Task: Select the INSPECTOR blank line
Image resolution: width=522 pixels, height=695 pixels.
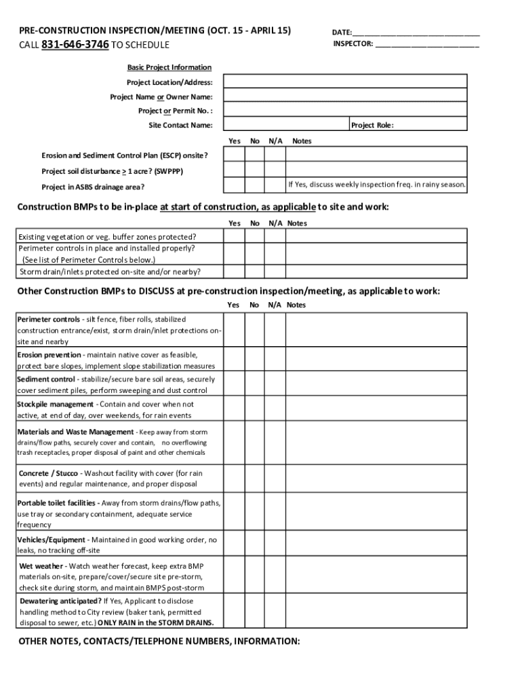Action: coord(426,45)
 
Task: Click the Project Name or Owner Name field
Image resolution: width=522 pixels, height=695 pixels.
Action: coord(345,96)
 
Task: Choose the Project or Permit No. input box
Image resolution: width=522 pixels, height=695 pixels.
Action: coord(345,111)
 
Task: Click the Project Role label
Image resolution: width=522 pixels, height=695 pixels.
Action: coord(372,126)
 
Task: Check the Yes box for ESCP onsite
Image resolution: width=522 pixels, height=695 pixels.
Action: coord(234,155)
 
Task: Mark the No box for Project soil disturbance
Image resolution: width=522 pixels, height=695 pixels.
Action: coord(255,170)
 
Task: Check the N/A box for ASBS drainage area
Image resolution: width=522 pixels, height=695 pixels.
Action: coord(275,185)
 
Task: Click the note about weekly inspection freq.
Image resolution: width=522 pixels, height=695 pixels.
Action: coord(376,185)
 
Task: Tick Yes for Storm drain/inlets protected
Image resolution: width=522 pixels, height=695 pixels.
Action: coord(234,271)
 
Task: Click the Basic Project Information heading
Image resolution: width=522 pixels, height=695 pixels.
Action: coord(169,67)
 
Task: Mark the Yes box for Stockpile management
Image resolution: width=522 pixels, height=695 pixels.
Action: coord(234,410)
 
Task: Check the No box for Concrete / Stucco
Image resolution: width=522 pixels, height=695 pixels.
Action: coord(255,478)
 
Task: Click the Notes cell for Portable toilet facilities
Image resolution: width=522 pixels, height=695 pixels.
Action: coord(376,514)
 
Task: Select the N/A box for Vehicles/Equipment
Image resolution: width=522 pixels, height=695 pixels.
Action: coord(275,545)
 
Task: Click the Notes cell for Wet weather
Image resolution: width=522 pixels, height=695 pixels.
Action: coord(376,577)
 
